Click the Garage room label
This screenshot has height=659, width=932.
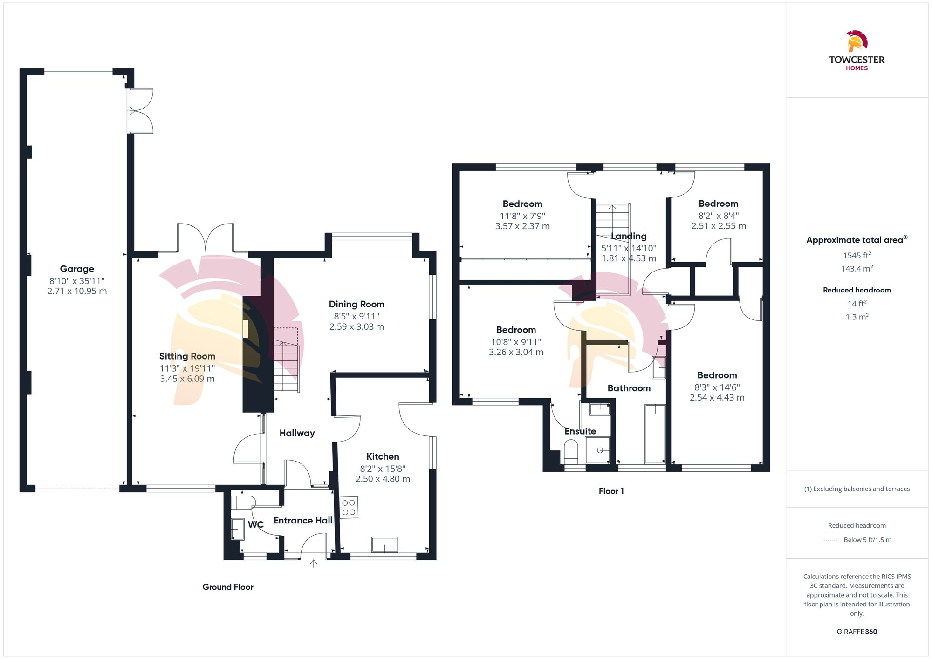[77, 269]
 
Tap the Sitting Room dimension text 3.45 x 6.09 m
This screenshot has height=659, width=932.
[187, 379]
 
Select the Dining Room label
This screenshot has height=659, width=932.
[356, 304]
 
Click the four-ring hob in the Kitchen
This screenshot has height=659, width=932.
[349, 508]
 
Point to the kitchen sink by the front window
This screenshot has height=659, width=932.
[385, 544]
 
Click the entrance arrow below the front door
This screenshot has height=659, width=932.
[314, 564]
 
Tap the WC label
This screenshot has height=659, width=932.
[255, 525]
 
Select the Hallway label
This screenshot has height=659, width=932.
[297, 433]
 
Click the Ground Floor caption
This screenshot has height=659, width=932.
[228, 587]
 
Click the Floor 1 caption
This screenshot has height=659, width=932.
[611, 491]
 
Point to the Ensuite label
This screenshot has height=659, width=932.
[580, 431]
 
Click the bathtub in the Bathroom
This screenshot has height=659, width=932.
[655, 434]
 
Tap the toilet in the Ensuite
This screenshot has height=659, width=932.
[571, 451]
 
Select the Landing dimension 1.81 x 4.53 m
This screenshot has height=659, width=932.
[629, 258]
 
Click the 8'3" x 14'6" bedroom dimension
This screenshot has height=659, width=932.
[717, 387]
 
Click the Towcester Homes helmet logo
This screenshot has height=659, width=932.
[857, 41]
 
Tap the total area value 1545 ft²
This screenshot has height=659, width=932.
[857, 255]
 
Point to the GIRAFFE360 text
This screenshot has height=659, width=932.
[857, 632]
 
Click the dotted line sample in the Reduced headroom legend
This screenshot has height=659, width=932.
[830, 540]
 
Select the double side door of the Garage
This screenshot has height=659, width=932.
[140, 111]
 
